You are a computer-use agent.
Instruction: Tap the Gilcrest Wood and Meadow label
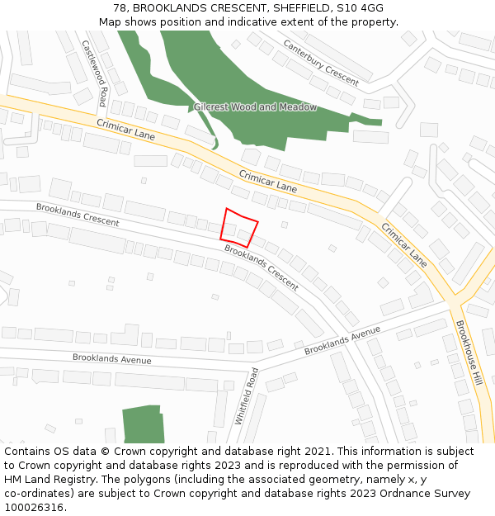coord(255,107)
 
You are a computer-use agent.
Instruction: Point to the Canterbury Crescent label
coord(321,63)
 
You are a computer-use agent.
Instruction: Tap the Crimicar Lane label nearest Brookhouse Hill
coord(403,244)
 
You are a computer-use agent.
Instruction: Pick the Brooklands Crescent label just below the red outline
coord(261,267)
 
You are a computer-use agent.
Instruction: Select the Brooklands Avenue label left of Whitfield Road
coord(111,359)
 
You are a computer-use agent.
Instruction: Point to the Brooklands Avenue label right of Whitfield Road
coord(342,340)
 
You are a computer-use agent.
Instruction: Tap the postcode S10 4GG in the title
coord(360,8)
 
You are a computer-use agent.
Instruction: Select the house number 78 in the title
coord(120,8)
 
